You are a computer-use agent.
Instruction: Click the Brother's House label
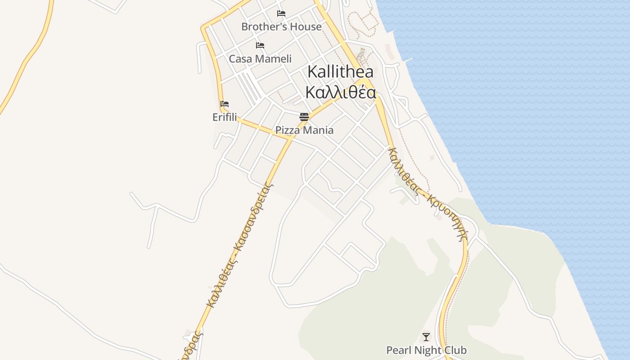click(281, 27)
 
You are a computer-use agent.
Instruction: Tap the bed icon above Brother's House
click(281, 13)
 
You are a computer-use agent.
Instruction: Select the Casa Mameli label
click(260, 58)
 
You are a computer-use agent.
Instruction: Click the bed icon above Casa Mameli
click(260, 45)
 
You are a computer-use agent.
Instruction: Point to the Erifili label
click(225, 117)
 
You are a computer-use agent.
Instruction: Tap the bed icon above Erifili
click(225, 104)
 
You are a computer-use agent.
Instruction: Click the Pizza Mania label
click(304, 130)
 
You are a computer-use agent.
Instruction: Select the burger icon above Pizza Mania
click(304, 117)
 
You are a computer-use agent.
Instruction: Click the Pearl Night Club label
click(426, 350)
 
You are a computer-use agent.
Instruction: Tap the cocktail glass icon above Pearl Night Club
click(426, 337)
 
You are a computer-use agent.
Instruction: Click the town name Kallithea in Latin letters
click(340, 72)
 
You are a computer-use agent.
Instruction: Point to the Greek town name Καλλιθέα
click(340, 92)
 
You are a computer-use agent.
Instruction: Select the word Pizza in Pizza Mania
click(287, 130)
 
